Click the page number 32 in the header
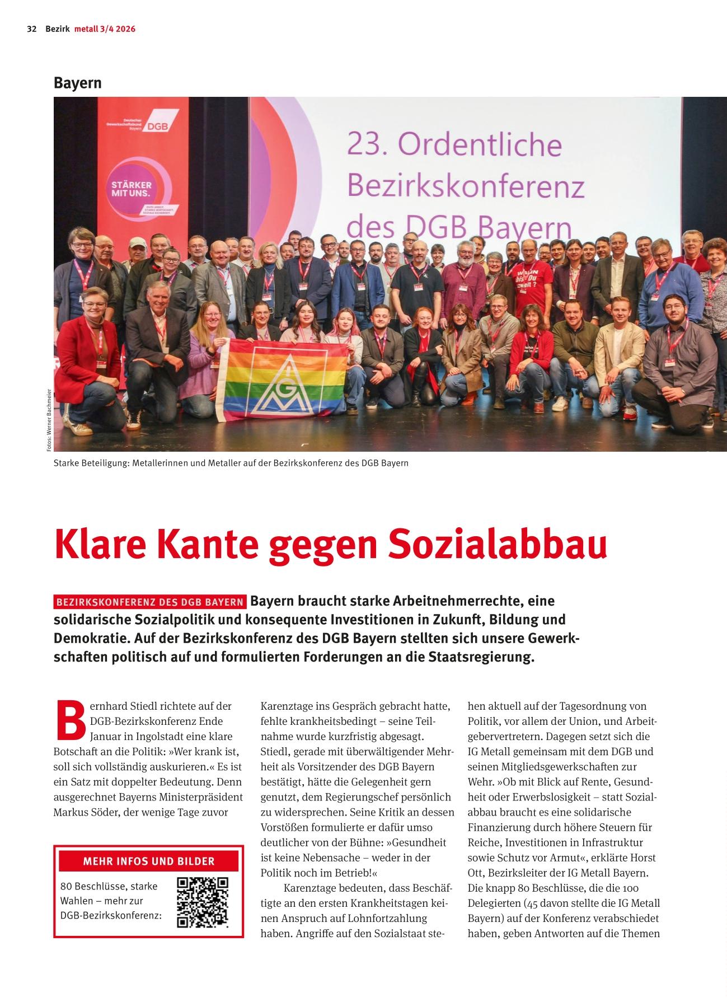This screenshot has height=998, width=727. [x=31, y=29]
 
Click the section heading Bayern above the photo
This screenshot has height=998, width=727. [x=78, y=83]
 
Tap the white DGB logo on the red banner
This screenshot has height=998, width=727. [x=158, y=127]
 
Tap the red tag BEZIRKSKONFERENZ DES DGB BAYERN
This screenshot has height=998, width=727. [x=150, y=602]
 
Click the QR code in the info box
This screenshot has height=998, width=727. [x=203, y=903]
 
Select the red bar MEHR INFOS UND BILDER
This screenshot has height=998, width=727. [x=149, y=861]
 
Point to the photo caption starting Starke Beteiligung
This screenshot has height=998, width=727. [x=231, y=463]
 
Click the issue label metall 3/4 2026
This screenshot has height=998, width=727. [x=105, y=29]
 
